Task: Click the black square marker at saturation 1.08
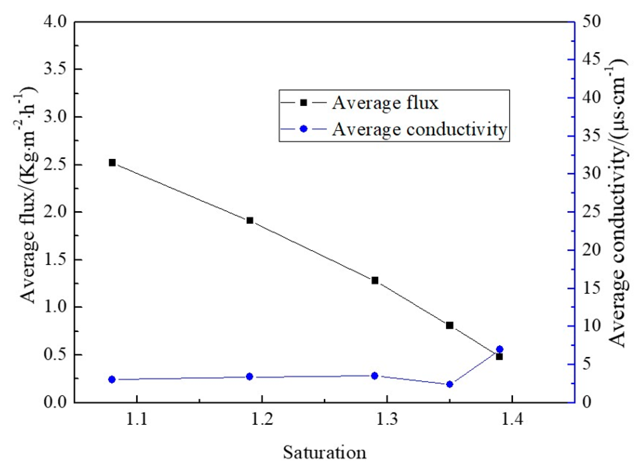tap(112, 163)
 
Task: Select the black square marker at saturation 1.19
tap(250, 220)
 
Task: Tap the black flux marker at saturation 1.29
tap(375, 281)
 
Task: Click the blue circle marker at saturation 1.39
tap(499, 349)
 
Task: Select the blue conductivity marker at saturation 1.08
tap(112, 380)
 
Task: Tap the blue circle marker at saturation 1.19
tap(250, 377)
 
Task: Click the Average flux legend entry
tap(385, 103)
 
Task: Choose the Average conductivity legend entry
tap(419, 130)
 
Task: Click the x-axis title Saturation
tap(324, 452)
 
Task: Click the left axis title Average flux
tap(29, 197)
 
